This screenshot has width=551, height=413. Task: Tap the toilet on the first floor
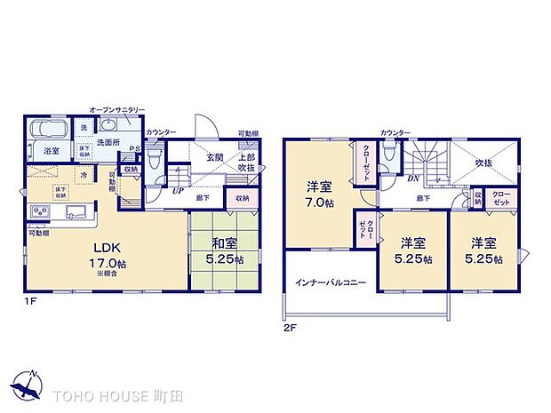(x=153, y=160)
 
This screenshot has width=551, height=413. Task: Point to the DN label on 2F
(x=412, y=178)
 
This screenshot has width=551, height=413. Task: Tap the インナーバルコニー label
(x=330, y=282)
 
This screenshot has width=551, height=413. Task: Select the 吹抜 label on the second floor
(x=483, y=163)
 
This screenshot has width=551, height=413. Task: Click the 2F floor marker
(x=290, y=328)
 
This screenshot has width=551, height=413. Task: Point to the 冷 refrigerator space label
(x=84, y=176)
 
